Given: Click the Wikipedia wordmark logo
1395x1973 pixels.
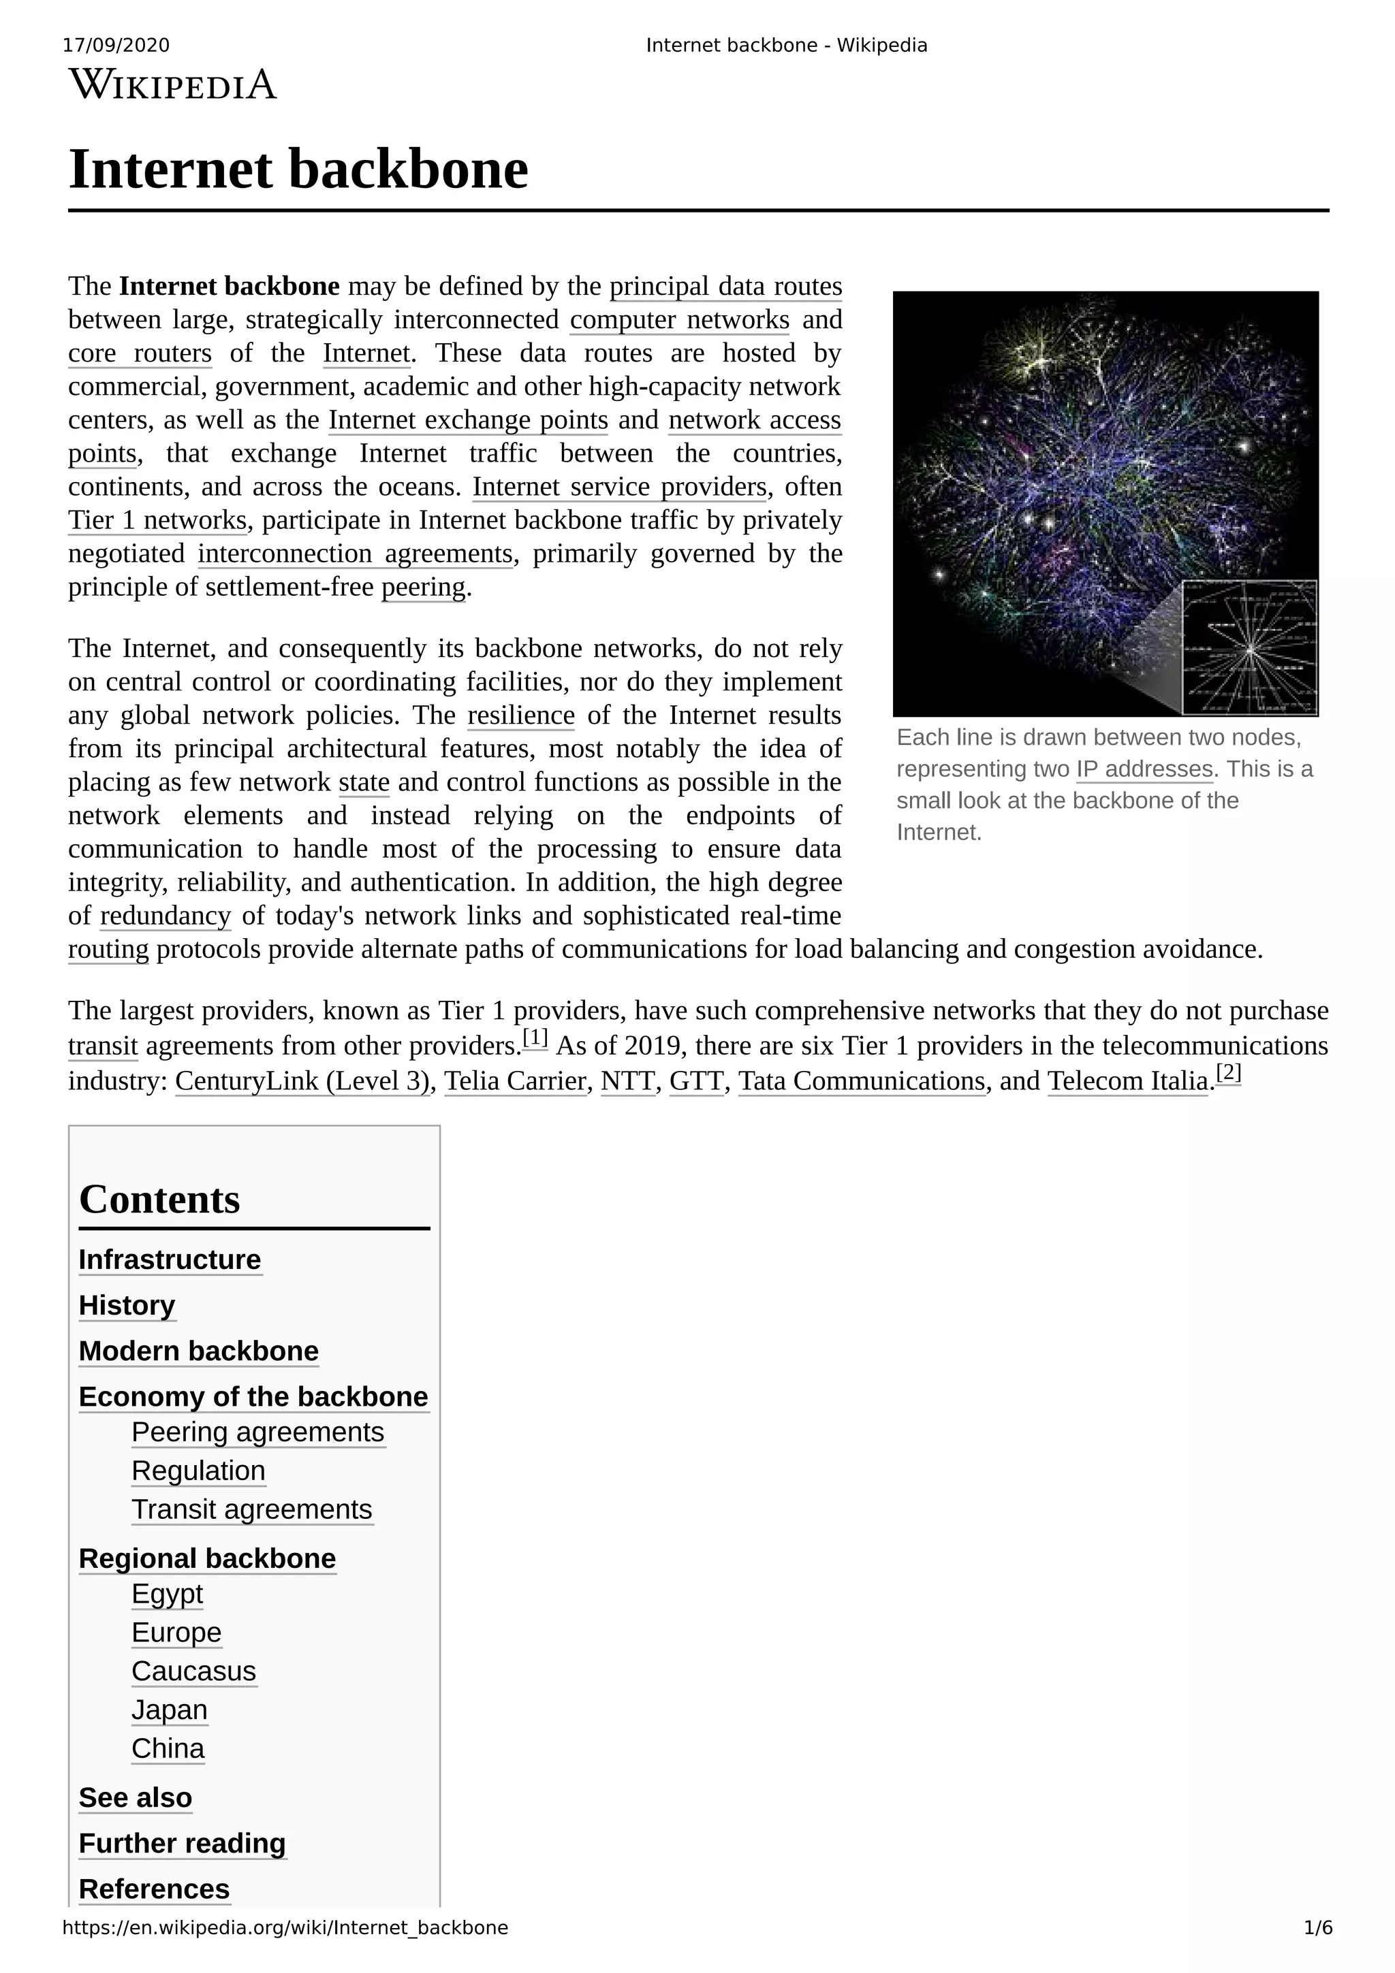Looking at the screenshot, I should [173, 85].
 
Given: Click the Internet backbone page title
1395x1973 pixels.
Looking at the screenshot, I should [298, 170].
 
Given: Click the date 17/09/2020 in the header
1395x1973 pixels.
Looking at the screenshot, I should [116, 46].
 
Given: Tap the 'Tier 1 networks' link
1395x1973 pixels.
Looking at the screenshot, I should [157, 521].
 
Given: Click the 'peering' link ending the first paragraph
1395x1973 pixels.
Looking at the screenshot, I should [423, 588].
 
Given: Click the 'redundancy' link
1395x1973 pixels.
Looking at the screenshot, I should [165, 916].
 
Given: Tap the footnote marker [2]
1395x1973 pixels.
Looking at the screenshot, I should [1228, 1072].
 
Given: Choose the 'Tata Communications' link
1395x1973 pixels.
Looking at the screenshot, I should [861, 1081].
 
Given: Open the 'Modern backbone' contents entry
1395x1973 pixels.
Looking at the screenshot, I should [198, 1351].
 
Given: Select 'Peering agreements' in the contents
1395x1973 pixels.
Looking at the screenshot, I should [258, 1432].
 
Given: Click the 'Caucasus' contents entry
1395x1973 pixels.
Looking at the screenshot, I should [193, 1671].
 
